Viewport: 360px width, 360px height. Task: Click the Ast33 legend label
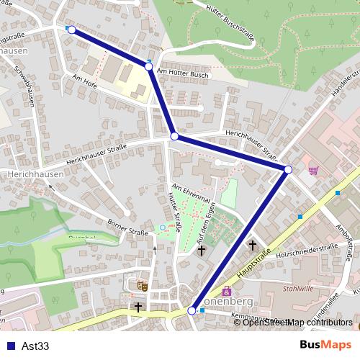[x=35, y=346]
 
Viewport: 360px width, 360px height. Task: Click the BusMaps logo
[x=325, y=346]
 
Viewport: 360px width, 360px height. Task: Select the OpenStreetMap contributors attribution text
[x=295, y=322]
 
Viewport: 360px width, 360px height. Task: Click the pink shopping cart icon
[x=313, y=170]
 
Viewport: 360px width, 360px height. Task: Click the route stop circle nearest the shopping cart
[x=288, y=169]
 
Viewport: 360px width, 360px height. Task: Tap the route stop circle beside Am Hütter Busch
[x=149, y=66]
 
